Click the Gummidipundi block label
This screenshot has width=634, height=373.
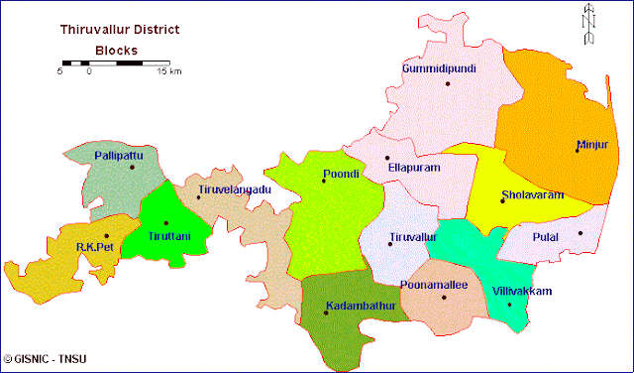(x=439, y=68)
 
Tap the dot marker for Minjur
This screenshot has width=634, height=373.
(x=578, y=150)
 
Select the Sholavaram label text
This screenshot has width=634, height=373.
(x=533, y=195)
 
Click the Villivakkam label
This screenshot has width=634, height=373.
(x=522, y=291)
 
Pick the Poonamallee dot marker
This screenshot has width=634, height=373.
(x=444, y=297)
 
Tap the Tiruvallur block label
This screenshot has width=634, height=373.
(x=413, y=238)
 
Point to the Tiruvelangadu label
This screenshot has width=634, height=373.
(x=235, y=188)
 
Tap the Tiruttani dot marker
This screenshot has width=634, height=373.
(x=165, y=223)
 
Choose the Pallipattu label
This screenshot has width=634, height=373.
(x=119, y=157)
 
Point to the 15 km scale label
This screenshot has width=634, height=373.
(x=168, y=72)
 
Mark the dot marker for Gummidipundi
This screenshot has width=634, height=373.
(x=448, y=83)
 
